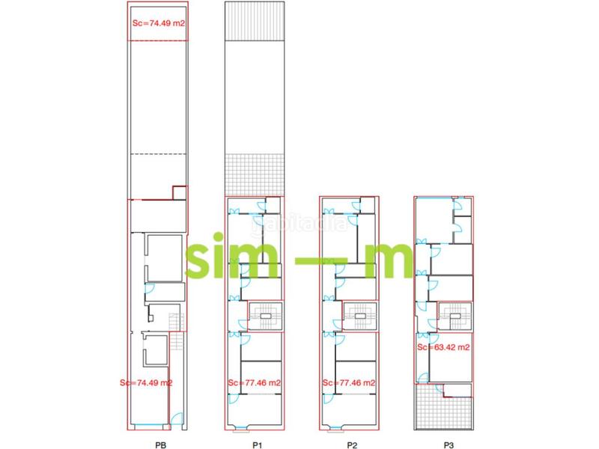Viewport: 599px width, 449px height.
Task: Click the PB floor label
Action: point(159,444)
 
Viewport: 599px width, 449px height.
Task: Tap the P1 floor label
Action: point(257,444)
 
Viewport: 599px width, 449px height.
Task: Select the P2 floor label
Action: point(351,444)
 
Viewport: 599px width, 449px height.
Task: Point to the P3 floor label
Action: point(449,444)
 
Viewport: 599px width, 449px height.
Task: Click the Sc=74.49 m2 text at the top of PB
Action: point(157,23)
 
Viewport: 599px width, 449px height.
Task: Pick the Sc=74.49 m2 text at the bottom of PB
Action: point(146,382)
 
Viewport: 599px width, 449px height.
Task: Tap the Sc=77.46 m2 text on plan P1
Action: point(255,382)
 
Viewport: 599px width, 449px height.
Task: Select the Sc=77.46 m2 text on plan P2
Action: point(349,382)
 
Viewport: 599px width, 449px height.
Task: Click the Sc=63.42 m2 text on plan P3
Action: point(443,347)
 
